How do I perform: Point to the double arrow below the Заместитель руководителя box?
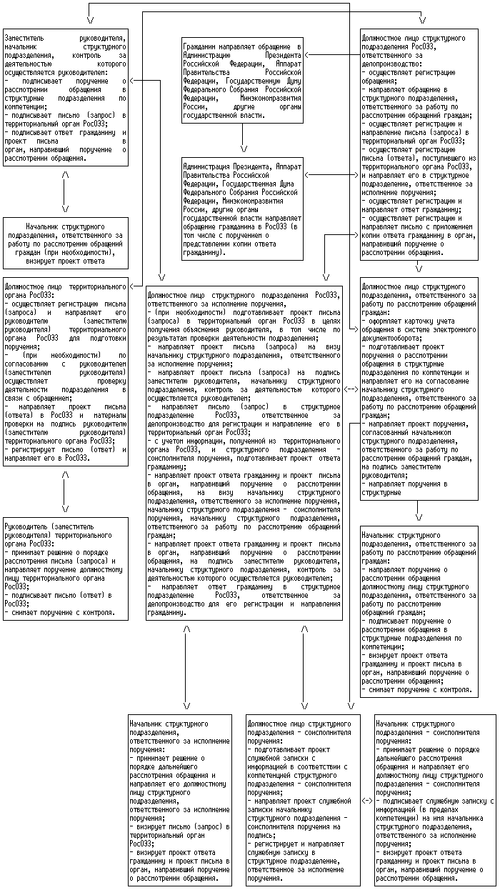click(x=65, y=191)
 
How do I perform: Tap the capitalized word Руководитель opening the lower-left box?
click(x=26, y=526)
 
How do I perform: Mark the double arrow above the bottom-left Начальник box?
click(x=186, y=667)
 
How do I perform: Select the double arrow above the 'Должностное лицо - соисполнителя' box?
click(x=304, y=667)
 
